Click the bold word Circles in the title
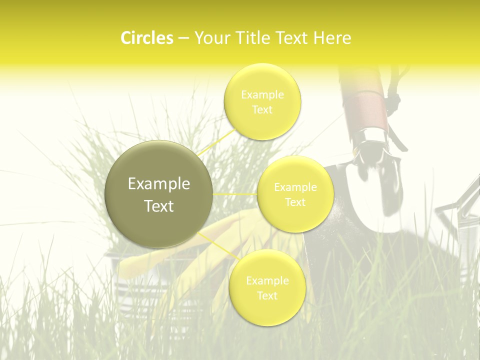(x=147, y=38)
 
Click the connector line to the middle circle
(x=235, y=194)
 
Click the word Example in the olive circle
(x=159, y=184)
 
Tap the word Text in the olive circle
(x=159, y=206)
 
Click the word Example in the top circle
(x=262, y=95)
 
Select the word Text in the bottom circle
(x=267, y=295)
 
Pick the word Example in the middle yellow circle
(x=295, y=187)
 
